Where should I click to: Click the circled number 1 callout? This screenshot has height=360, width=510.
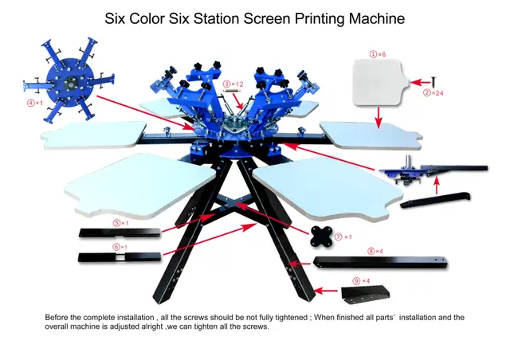(x=372, y=53)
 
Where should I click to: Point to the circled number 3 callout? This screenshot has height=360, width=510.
(x=226, y=83)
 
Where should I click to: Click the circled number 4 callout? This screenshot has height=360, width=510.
(x=31, y=103)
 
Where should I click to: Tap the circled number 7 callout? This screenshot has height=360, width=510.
(x=338, y=237)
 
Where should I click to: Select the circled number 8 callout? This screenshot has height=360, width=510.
(x=371, y=251)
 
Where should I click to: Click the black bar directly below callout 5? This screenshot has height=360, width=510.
(x=119, y=233)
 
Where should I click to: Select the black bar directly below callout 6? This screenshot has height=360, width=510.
(x=119, y=256)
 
